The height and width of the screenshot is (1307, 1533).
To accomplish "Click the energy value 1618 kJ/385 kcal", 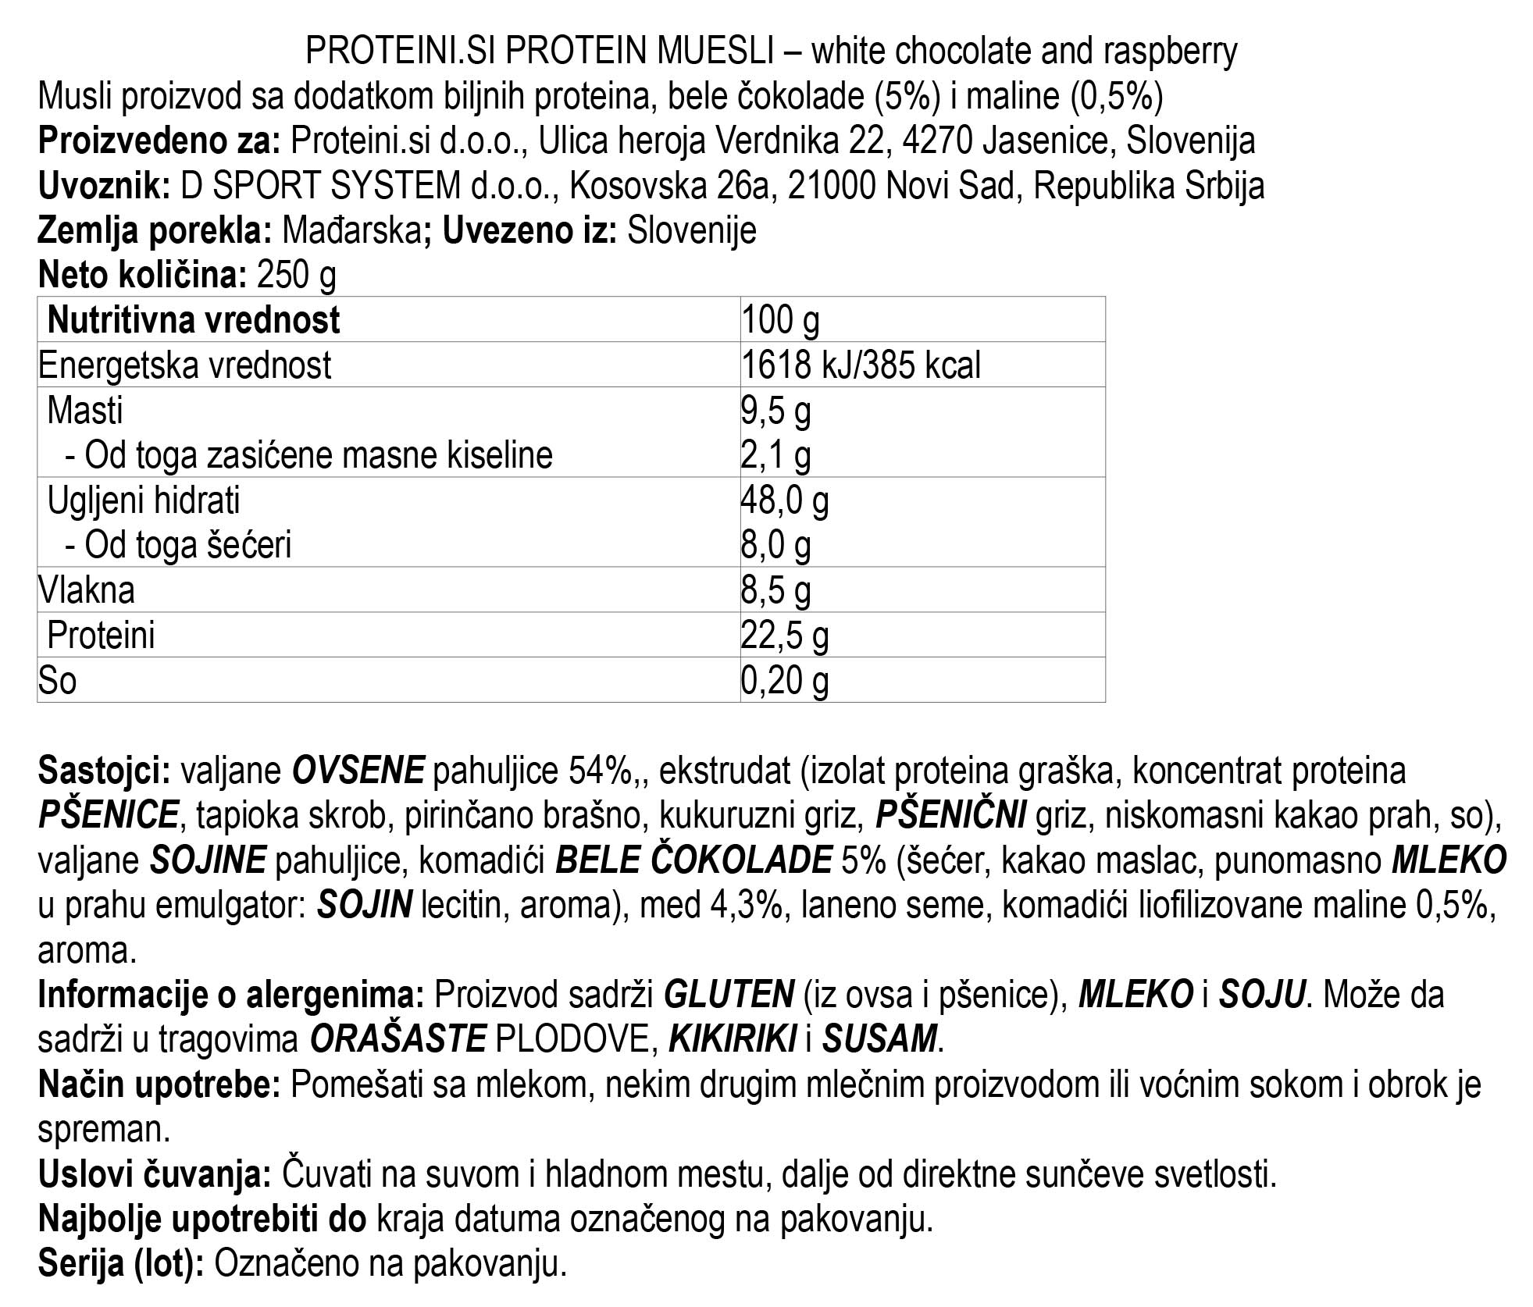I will tap(861, 365).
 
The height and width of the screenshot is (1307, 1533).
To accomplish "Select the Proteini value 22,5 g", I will tap(784, 636).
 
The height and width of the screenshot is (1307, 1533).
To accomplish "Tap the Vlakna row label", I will tap(87, 590).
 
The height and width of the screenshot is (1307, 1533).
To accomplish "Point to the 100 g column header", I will tap(780, 320).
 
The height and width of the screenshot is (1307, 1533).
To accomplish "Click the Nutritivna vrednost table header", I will tap(194, 320).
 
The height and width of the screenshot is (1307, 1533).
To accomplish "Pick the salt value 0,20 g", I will tap(784, 681).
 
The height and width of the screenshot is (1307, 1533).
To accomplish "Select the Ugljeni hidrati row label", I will tap(144, 500).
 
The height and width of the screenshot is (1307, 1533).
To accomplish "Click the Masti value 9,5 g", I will tap(775, 411).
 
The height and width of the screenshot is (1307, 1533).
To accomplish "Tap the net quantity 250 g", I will tap(296, 275).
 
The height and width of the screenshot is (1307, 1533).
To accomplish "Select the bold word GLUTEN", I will tap(729, 995).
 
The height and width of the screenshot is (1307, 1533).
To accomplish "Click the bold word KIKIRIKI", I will tap(733, 1039).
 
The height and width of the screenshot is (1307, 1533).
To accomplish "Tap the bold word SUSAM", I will tap(879, 1039).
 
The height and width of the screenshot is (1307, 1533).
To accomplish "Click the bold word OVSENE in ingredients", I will tap(358, 771).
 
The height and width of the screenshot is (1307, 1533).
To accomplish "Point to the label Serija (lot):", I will tap(121, 1264).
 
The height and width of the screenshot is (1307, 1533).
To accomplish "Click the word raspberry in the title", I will tap(1171, 52).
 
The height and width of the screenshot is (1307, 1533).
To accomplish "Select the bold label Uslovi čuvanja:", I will tap(154, 1174).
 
